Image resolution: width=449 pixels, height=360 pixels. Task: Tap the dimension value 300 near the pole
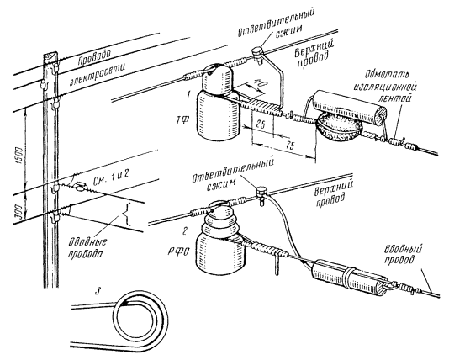tap(19, 211)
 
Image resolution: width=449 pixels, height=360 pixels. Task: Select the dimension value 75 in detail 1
tap(290, 146)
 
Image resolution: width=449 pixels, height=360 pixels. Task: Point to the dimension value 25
tap(260, 124)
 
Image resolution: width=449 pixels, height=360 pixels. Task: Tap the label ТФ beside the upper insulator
tap(182, 119)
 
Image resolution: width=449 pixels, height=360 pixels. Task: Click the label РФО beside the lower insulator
tap(177, 252)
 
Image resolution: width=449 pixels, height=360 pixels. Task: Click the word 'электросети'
tap(98, 75)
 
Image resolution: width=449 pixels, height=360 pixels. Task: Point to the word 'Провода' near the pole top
tap(94, 57)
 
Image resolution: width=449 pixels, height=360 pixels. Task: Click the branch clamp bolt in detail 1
tap(256, 54)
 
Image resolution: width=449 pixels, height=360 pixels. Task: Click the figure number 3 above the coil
tap(98, 292)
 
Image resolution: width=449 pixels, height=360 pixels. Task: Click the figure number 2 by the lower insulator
tap(186, 230)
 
